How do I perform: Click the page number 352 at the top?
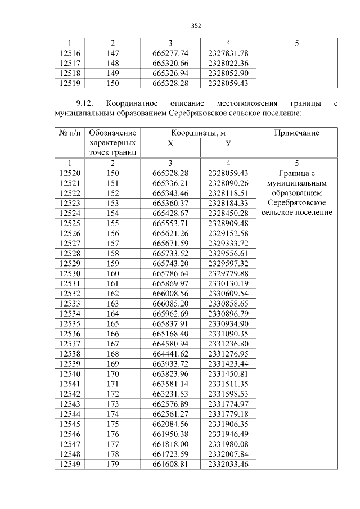(196, 25)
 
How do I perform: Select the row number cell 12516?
(70, 53)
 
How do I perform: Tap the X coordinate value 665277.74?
(170, 53)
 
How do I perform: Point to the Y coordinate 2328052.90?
(228, 74)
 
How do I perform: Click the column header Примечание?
(296, 133)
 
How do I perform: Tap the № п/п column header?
(70, 133)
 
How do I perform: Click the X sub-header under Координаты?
(170, 143)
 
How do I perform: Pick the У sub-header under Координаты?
(228, 143)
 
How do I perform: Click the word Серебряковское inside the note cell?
(296, 202)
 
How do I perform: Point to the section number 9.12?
(85, 103)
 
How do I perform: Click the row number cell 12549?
(70, 464)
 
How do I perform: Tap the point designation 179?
(113, 464)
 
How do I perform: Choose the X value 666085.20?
(170, 303)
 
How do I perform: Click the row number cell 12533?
(70, 303)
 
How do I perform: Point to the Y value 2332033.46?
(228, 464)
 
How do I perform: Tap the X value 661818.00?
(170, 444)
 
